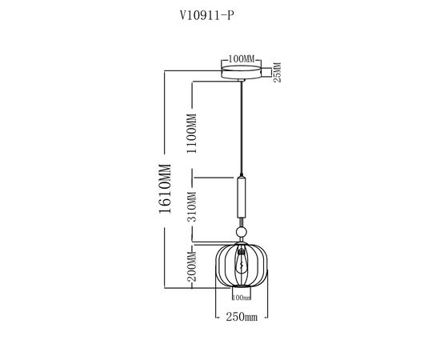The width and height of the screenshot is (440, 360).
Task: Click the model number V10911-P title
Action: (x=206, y=16)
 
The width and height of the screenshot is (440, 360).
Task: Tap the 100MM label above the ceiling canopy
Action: (x=241, y=59)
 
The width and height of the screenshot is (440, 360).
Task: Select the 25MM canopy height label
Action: (x=277, y=72)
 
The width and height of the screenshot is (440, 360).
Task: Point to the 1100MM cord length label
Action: (x=192, y=133)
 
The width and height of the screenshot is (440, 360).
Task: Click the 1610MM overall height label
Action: (x=165, y=189)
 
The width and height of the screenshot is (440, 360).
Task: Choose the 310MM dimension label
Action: (x=192, y=206)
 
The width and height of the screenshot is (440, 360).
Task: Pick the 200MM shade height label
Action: (x=192, y=266)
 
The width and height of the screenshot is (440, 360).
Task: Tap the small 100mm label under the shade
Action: (x=242, y=297)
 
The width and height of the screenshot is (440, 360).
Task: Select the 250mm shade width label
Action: (x=242, y=317)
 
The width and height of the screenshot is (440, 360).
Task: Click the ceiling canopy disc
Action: (x=241, y=72)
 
